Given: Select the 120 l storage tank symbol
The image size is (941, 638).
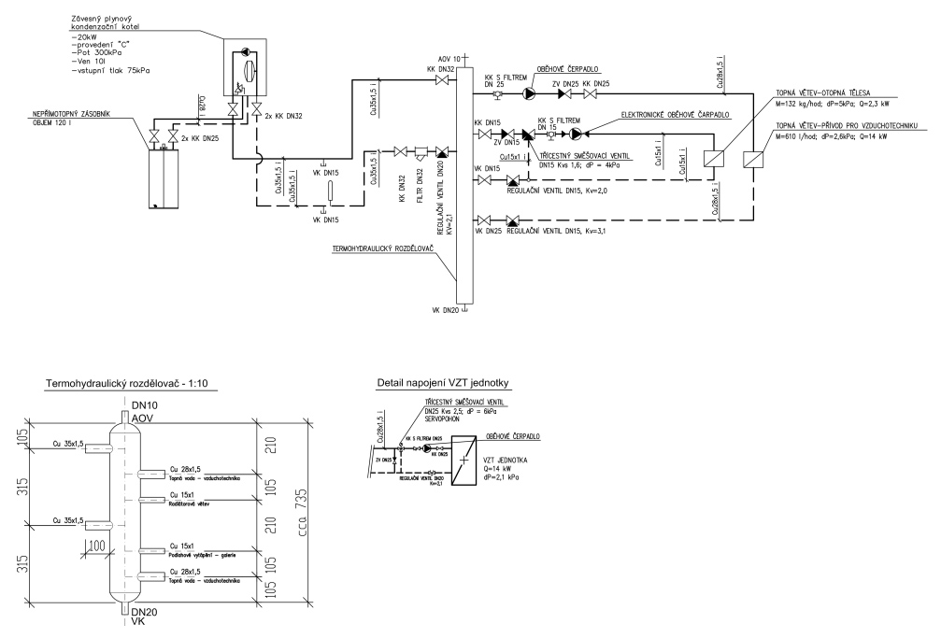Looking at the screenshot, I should point(163,177).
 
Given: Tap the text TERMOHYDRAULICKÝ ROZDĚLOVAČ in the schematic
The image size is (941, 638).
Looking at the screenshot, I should point(389,251).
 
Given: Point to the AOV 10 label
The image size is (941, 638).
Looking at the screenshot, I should point(449,58).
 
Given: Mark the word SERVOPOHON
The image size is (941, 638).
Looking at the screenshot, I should point(443,418).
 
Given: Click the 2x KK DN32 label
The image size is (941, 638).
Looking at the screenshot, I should point(281,117).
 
